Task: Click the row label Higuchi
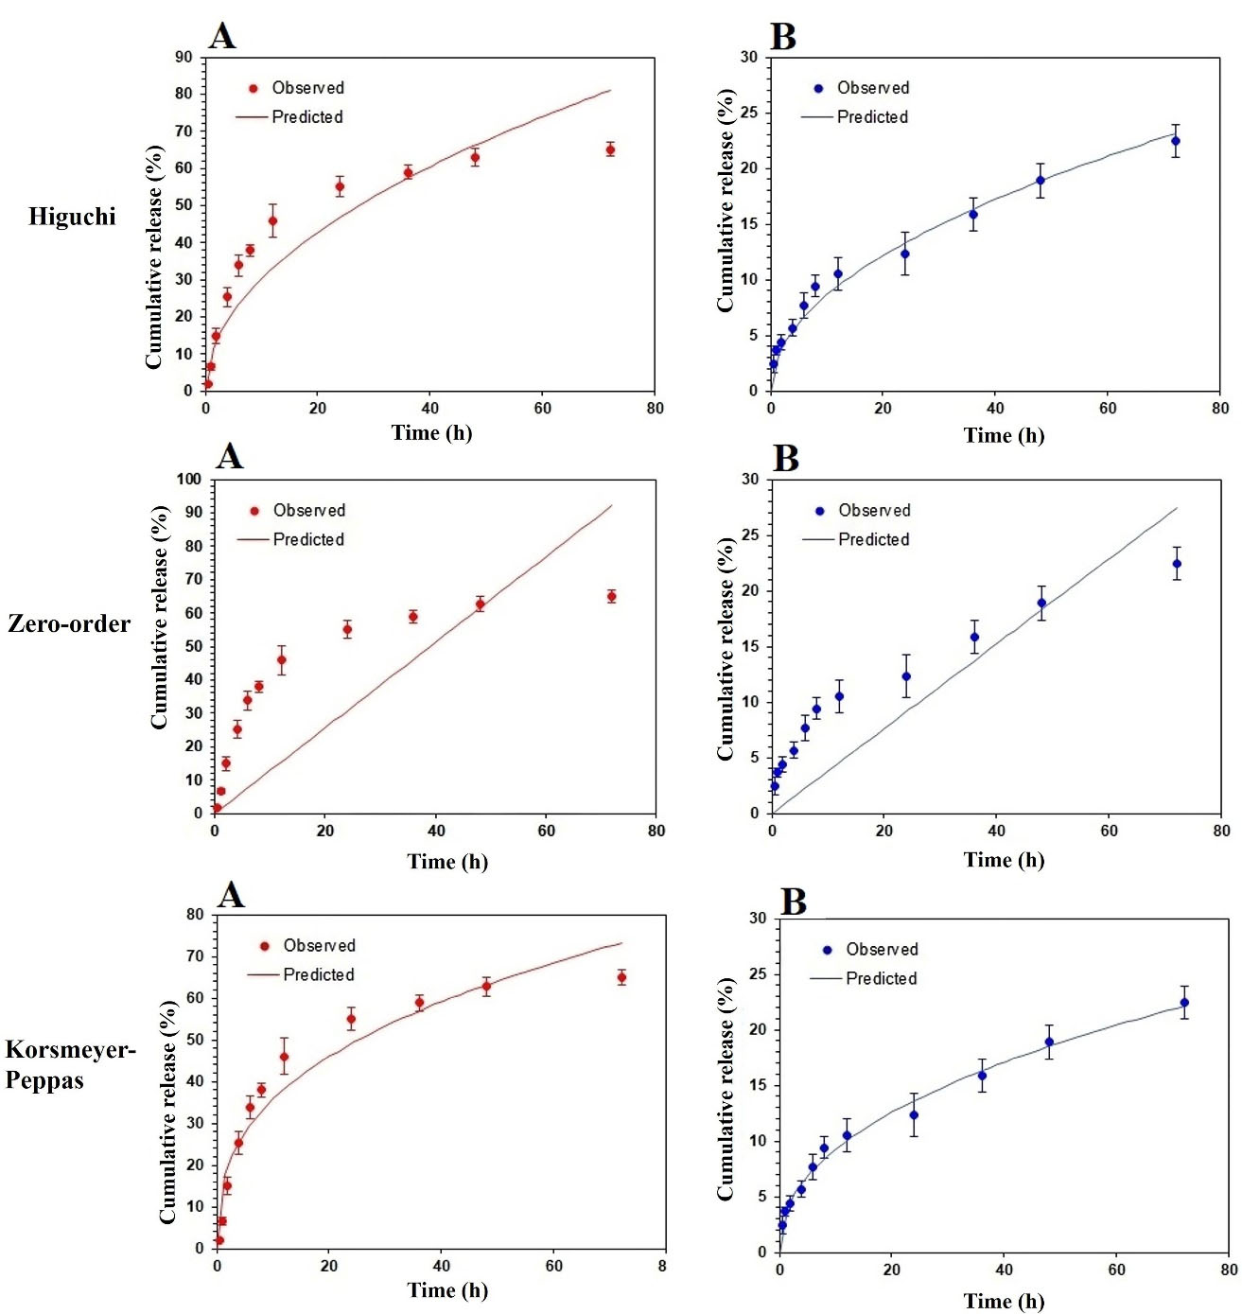pyautogui.click(x=72, y=217)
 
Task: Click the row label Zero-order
pyautogui.click(x=69, y=623)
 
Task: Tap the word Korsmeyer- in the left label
pyautogui.click(x=70, y=1050)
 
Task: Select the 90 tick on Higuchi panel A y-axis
pyautogui.click(x=184, y=58)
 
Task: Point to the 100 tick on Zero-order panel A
pyautogui.click(x=189, y=480)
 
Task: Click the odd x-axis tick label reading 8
pyautogui.click(x=662, y=1266)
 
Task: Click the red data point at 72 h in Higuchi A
pyautogui.click(x=610, y=149)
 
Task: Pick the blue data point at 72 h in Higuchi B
pyautogui.click(x=1176, y=141)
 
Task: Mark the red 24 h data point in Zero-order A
pyautogui.click(x=347, y=629)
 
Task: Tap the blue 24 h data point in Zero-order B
pyautogui.click(x=906, y=676)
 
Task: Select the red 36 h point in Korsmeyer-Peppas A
pyautogui.click(x=419, y=1003)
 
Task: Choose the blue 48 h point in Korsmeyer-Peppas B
pyautogui.click(x=1049, y=1042)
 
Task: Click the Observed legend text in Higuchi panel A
pyautogui.click(x=307, y=88)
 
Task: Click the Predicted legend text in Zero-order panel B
pyautogui.click(x=874, y=539)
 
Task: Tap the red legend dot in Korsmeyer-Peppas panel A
pyautogui.click(x=264, y=946)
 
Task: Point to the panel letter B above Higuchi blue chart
pyautogui.click(x=783, y=37)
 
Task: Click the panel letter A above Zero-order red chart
pyautogui.click(x=230, y=457)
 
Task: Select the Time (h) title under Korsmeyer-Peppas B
pyautogui.click(x=1004, y=1301)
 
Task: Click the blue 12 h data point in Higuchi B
pyautogui.click(x=837, y=274)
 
